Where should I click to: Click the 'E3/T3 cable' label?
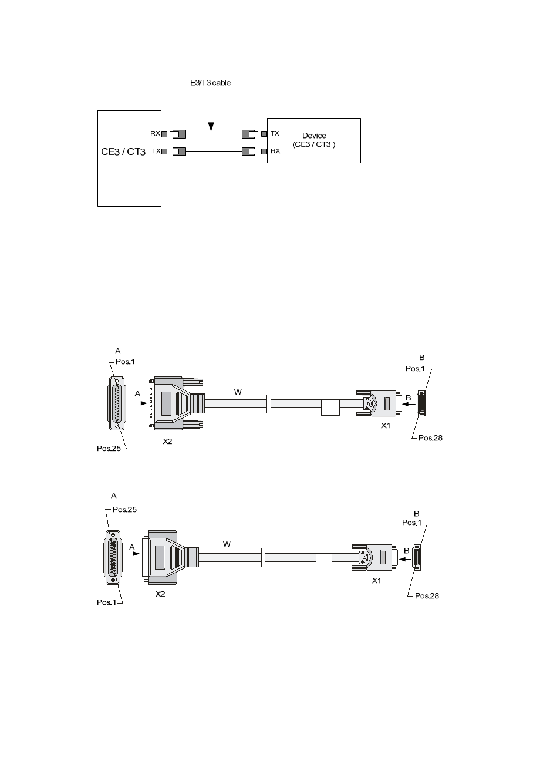(210, 83)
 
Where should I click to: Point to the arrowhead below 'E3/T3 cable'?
(211, 127)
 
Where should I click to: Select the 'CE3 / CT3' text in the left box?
(123, 151)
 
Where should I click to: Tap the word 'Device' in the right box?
(314, 136)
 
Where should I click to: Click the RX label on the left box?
(155, 133)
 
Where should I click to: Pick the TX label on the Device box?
(275, 133)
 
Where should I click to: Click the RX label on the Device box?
(275, 151)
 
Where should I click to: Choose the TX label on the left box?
(156, 151)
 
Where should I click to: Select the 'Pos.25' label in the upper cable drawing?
(109, 449)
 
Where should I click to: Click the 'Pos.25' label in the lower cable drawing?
(124, 510)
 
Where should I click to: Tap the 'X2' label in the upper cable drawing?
(167, 442)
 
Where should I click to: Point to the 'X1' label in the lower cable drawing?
(377, 581)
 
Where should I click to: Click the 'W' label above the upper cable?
(238, 392)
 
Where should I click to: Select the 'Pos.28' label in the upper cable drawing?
(430, 438)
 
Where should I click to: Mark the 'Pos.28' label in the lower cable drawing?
(427, 596)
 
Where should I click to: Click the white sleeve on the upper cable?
(330, 408)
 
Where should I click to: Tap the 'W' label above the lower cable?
(227, 544)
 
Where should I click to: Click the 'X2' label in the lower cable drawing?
(160, 594)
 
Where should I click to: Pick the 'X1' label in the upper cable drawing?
(386, 425)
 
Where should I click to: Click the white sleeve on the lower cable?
(324, 560)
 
